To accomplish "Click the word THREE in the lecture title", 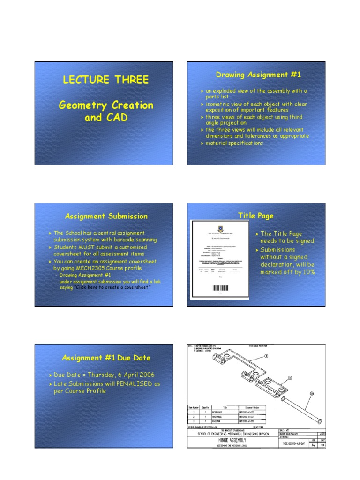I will click(x=130, y=80).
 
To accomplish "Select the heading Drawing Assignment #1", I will click(x=258, y=75).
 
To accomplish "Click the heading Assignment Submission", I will click(x=106, y=216).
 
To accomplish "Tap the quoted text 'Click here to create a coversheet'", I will click(x=112, y=287).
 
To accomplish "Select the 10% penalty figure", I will click(x=307, y=272).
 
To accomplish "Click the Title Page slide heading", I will click(x=255, y=216).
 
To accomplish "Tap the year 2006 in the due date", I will click(x=145, y=375).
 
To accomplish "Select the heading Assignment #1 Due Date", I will click(x=106, y=358).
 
